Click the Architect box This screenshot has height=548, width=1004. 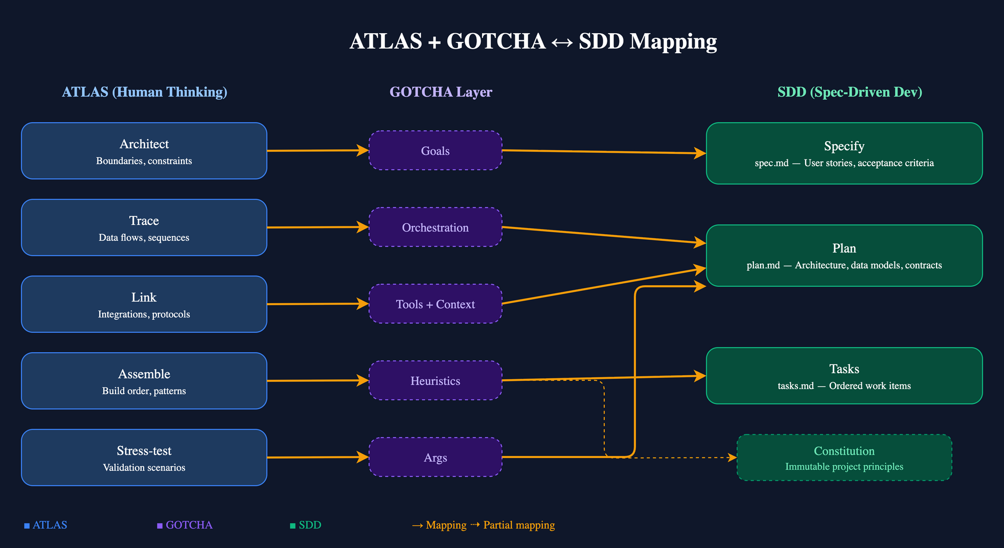click(x=144, y=151)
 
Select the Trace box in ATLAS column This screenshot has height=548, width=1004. click(x=144, y=227)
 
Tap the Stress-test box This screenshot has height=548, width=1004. click(x=144, y=458)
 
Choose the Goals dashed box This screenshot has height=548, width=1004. click(x=435, y=150)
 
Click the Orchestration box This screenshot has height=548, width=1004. click(x=435, y=227)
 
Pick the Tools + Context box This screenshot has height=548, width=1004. click(x=435, y=304)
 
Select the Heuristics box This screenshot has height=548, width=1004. click(x=435, y=380)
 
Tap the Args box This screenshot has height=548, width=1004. click(x=435, y=457)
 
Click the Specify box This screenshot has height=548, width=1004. click(x=844, y=153)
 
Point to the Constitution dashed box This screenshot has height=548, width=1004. click(x=844, y=458)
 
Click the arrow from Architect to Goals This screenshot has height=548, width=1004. click(x=317, y=151)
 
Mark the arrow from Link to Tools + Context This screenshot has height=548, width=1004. click(x=317, y=304)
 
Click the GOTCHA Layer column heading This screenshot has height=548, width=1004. click(x=441, y=92)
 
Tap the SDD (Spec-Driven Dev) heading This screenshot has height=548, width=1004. click(x=850, y=92)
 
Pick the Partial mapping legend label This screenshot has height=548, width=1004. click(x=518, y=525)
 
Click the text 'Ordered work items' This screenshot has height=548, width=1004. click(x=870, y=386)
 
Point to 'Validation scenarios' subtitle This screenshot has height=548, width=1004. click(x=144, y=468)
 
